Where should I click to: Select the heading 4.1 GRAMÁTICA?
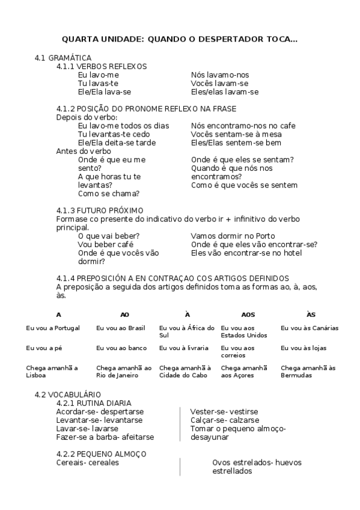(63, 57)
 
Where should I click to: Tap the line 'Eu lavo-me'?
(99, 75)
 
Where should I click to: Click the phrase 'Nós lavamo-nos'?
(219, 75)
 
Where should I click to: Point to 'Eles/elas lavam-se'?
(224, 92)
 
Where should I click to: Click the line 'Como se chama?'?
(109, 193)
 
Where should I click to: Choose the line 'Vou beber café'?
(106, 244)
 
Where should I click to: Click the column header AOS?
(248, 315)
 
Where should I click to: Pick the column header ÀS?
(311, 315)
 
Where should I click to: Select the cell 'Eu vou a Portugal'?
(53, 328)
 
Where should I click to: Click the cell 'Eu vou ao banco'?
(121, 348)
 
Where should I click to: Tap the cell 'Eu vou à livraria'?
(184, 348)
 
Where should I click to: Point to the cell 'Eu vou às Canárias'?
(310, 328)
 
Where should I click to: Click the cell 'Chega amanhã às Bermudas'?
(308, 371)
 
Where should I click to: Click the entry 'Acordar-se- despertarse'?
(100, 411)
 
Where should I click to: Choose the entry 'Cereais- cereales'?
(87, 462)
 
